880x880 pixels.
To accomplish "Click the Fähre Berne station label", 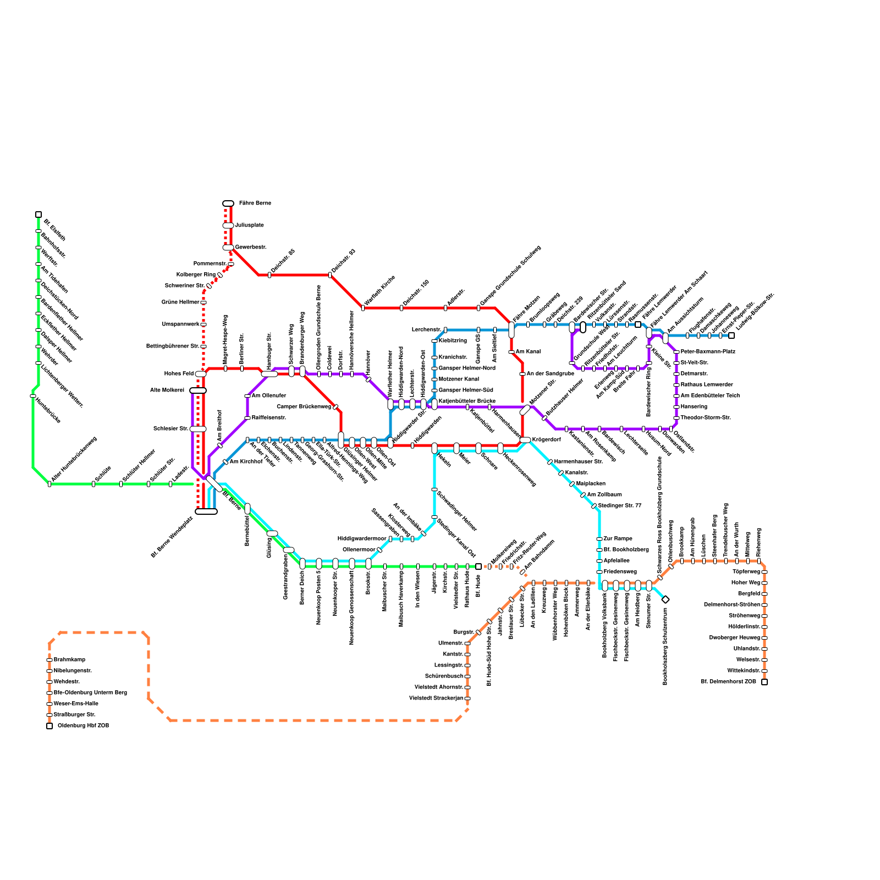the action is pos(255,204).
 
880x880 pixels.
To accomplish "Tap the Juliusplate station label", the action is pos(249,226).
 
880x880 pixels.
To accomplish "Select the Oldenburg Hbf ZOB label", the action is pos(83,726).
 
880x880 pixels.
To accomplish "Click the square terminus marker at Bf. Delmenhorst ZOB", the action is pos(765,682).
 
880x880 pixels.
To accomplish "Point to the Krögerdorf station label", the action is pos(547,440).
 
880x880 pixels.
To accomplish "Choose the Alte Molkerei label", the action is pos(167,391).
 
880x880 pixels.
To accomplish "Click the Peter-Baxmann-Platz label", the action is pos(708,352).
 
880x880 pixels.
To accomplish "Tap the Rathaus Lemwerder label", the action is pos(707,385).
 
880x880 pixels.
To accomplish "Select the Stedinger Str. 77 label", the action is pos(620,506).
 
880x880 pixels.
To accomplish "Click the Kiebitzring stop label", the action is pos(453,341).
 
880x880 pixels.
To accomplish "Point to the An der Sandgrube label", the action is pos(550,374).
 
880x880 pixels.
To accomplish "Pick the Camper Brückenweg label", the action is pos(304,407).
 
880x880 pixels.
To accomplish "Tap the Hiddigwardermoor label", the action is pos(362,539).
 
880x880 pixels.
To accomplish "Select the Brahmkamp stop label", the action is pos(69,660).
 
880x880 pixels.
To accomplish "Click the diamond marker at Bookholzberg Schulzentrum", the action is pos(665,599).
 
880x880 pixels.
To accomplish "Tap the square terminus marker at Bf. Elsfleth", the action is pos(38,215).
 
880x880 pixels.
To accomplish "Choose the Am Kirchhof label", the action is pos(246,462).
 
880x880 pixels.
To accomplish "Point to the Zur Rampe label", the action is pos(618,539).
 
